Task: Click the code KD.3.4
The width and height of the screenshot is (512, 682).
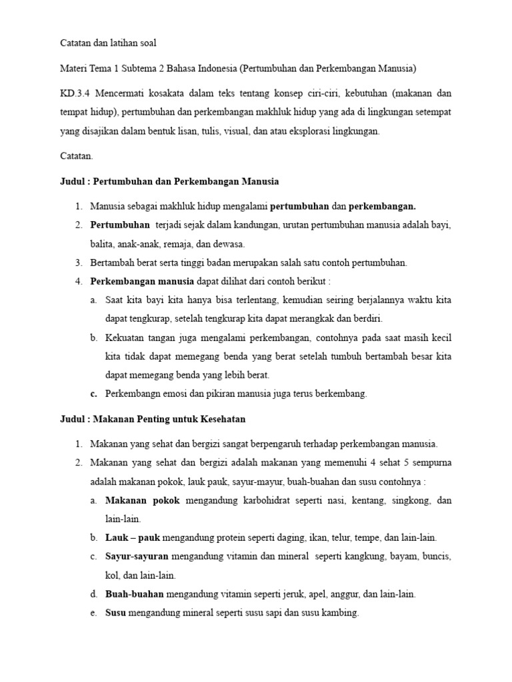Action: (74, 93)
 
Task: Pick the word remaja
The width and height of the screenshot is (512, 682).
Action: (189, 244)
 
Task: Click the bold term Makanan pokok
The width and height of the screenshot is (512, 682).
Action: (142, 500)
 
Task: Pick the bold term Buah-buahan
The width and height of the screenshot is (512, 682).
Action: (135, 593)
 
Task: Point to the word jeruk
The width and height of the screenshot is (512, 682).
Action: (275, 593)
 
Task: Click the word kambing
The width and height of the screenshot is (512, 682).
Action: (343, 613)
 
